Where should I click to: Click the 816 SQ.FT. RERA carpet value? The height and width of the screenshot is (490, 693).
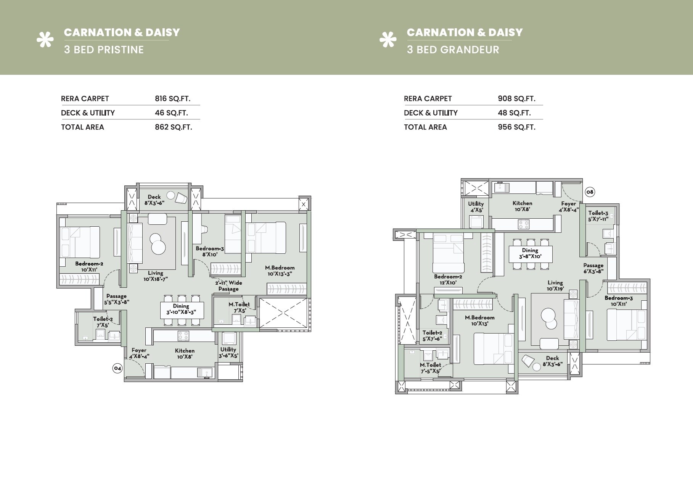172,98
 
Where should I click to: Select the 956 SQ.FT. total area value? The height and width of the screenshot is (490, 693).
516,127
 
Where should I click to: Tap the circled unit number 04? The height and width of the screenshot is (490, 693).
117,368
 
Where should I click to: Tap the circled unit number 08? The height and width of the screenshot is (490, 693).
590,192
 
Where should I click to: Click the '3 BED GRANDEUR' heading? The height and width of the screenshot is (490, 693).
453,50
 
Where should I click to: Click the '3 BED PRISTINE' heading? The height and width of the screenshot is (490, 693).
104,50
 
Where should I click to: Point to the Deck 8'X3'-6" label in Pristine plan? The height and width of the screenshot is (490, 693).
154,200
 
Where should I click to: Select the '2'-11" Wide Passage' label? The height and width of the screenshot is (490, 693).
228,286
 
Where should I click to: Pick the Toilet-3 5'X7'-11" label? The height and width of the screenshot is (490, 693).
598,216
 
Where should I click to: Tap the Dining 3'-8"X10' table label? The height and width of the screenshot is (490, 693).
530,253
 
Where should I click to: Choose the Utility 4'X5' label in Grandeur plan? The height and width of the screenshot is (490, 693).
476,206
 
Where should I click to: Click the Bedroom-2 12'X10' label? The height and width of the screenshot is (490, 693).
448,279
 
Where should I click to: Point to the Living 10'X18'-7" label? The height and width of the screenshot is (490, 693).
156,276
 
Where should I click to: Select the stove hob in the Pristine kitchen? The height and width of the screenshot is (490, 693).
183,336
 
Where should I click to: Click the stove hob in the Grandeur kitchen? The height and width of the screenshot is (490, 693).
523,224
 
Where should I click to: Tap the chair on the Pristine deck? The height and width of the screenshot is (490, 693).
181,198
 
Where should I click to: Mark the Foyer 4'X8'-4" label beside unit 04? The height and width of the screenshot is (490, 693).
139,353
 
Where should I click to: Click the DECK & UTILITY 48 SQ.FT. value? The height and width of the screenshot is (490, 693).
514,113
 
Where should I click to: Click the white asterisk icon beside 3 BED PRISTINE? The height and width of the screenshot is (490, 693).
45,40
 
